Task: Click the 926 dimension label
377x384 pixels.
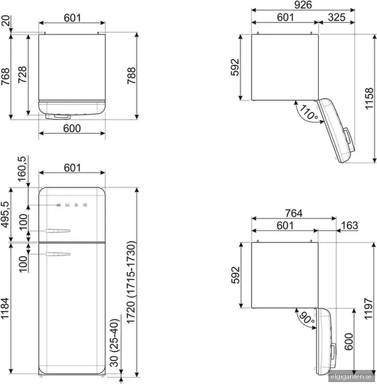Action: [x=303, y=5]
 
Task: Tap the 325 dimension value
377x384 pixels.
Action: [x=337, y=17]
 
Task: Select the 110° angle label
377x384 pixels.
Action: [x=309, y=113]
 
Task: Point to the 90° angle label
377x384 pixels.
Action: [x=307, y=318]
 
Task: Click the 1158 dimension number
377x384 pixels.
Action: [x=369, y=99]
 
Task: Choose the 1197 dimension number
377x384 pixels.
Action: [x=369, y=308]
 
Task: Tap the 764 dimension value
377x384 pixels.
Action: [x=294, y=213]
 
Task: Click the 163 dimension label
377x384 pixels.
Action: [x=349, y=225]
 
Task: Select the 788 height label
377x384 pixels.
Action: [x=131, y=76]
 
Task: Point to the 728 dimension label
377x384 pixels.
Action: [x=22, y=74]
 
